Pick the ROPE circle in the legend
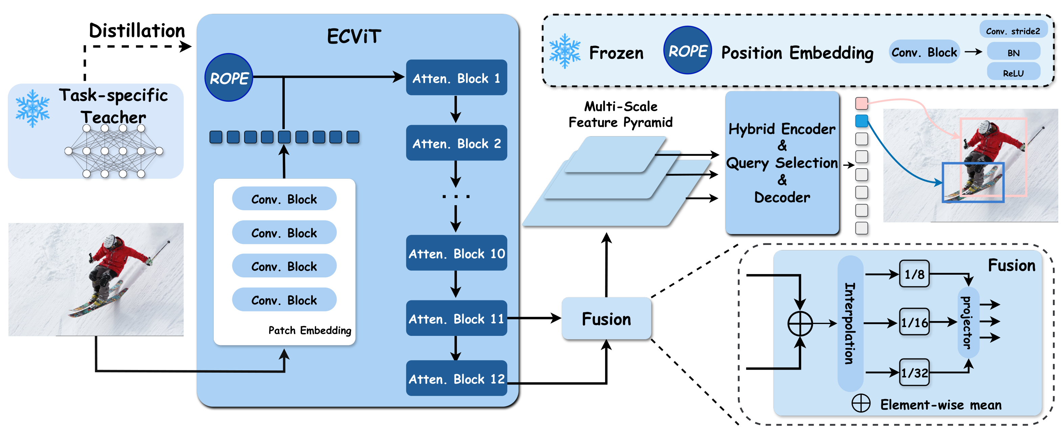click(x=687, y=50)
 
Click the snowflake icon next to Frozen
click(x=564, y=51)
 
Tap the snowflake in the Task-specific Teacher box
click(x=32, y=108)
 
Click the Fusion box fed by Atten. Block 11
click(x=606, y=319)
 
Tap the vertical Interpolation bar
click(x=850, y=323)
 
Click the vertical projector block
click(x=968, y=322)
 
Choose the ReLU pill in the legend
click(x=1013, y=73)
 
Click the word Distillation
click(x=137, y=30)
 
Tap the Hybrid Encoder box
click(x=782, y=163)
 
